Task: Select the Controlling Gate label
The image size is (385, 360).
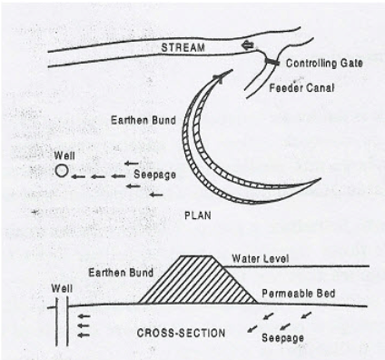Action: click(322, 65)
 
